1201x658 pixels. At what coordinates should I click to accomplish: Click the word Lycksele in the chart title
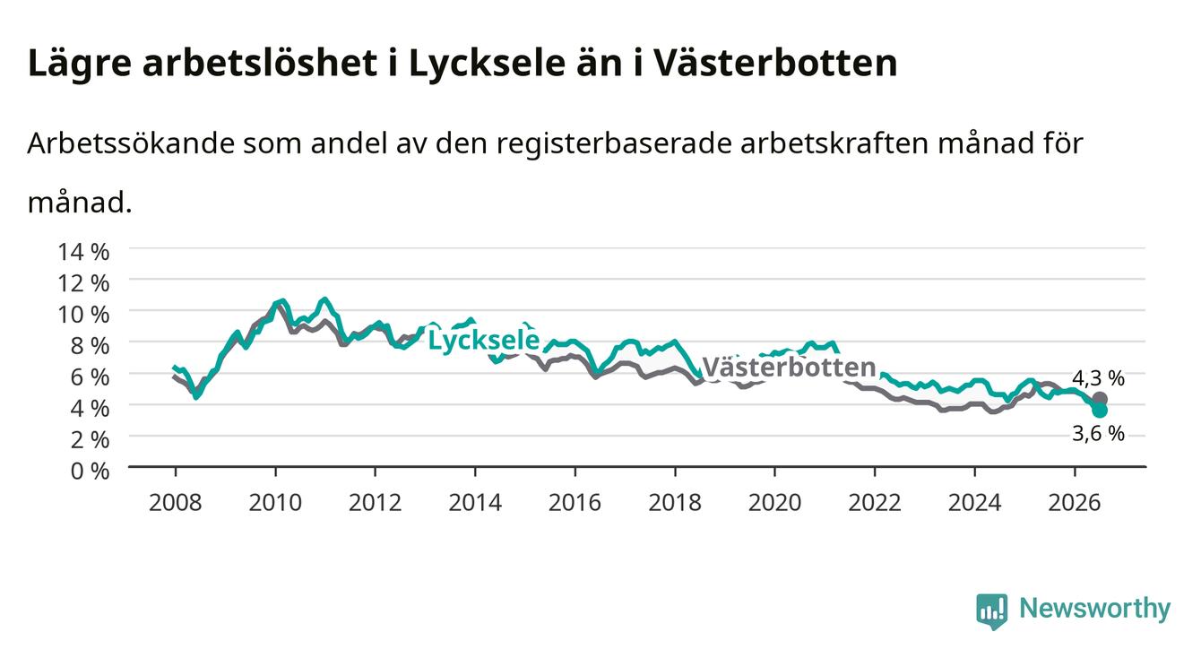pos(487,65)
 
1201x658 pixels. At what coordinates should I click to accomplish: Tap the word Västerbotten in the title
pos(775,63)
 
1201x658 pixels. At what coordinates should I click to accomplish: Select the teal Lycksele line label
pos(484,340)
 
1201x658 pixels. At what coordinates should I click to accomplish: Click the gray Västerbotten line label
pos(789,368)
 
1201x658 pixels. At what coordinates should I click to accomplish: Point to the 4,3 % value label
pos(1098,378)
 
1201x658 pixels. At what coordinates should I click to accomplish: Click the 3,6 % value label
pos(1098,433)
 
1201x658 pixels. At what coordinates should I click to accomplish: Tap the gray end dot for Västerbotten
pos(1100,399)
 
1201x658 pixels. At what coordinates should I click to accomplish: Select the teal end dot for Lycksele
pos(1100,411)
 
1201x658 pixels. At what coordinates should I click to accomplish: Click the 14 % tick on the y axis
pos(83,252)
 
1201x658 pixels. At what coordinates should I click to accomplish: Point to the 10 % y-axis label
pos(83,315)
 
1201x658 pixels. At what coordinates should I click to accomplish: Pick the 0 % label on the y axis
pos(90,471)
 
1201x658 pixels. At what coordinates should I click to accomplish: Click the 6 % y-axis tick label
pos(90,377)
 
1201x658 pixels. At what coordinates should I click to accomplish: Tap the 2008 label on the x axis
pos(176,503)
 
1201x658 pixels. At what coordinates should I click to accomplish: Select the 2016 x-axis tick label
pos(575,503)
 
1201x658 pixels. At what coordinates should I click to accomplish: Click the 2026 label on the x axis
pos(1075,503)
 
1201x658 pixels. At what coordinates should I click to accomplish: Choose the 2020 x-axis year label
pos(774,503)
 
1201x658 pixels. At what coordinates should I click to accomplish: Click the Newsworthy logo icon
pos(992,611)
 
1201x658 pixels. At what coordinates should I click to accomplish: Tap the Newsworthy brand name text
pos(1095,609)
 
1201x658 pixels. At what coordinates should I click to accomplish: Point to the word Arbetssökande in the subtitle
pos(132,143)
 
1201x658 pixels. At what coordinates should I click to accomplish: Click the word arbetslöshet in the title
pos(260,63)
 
